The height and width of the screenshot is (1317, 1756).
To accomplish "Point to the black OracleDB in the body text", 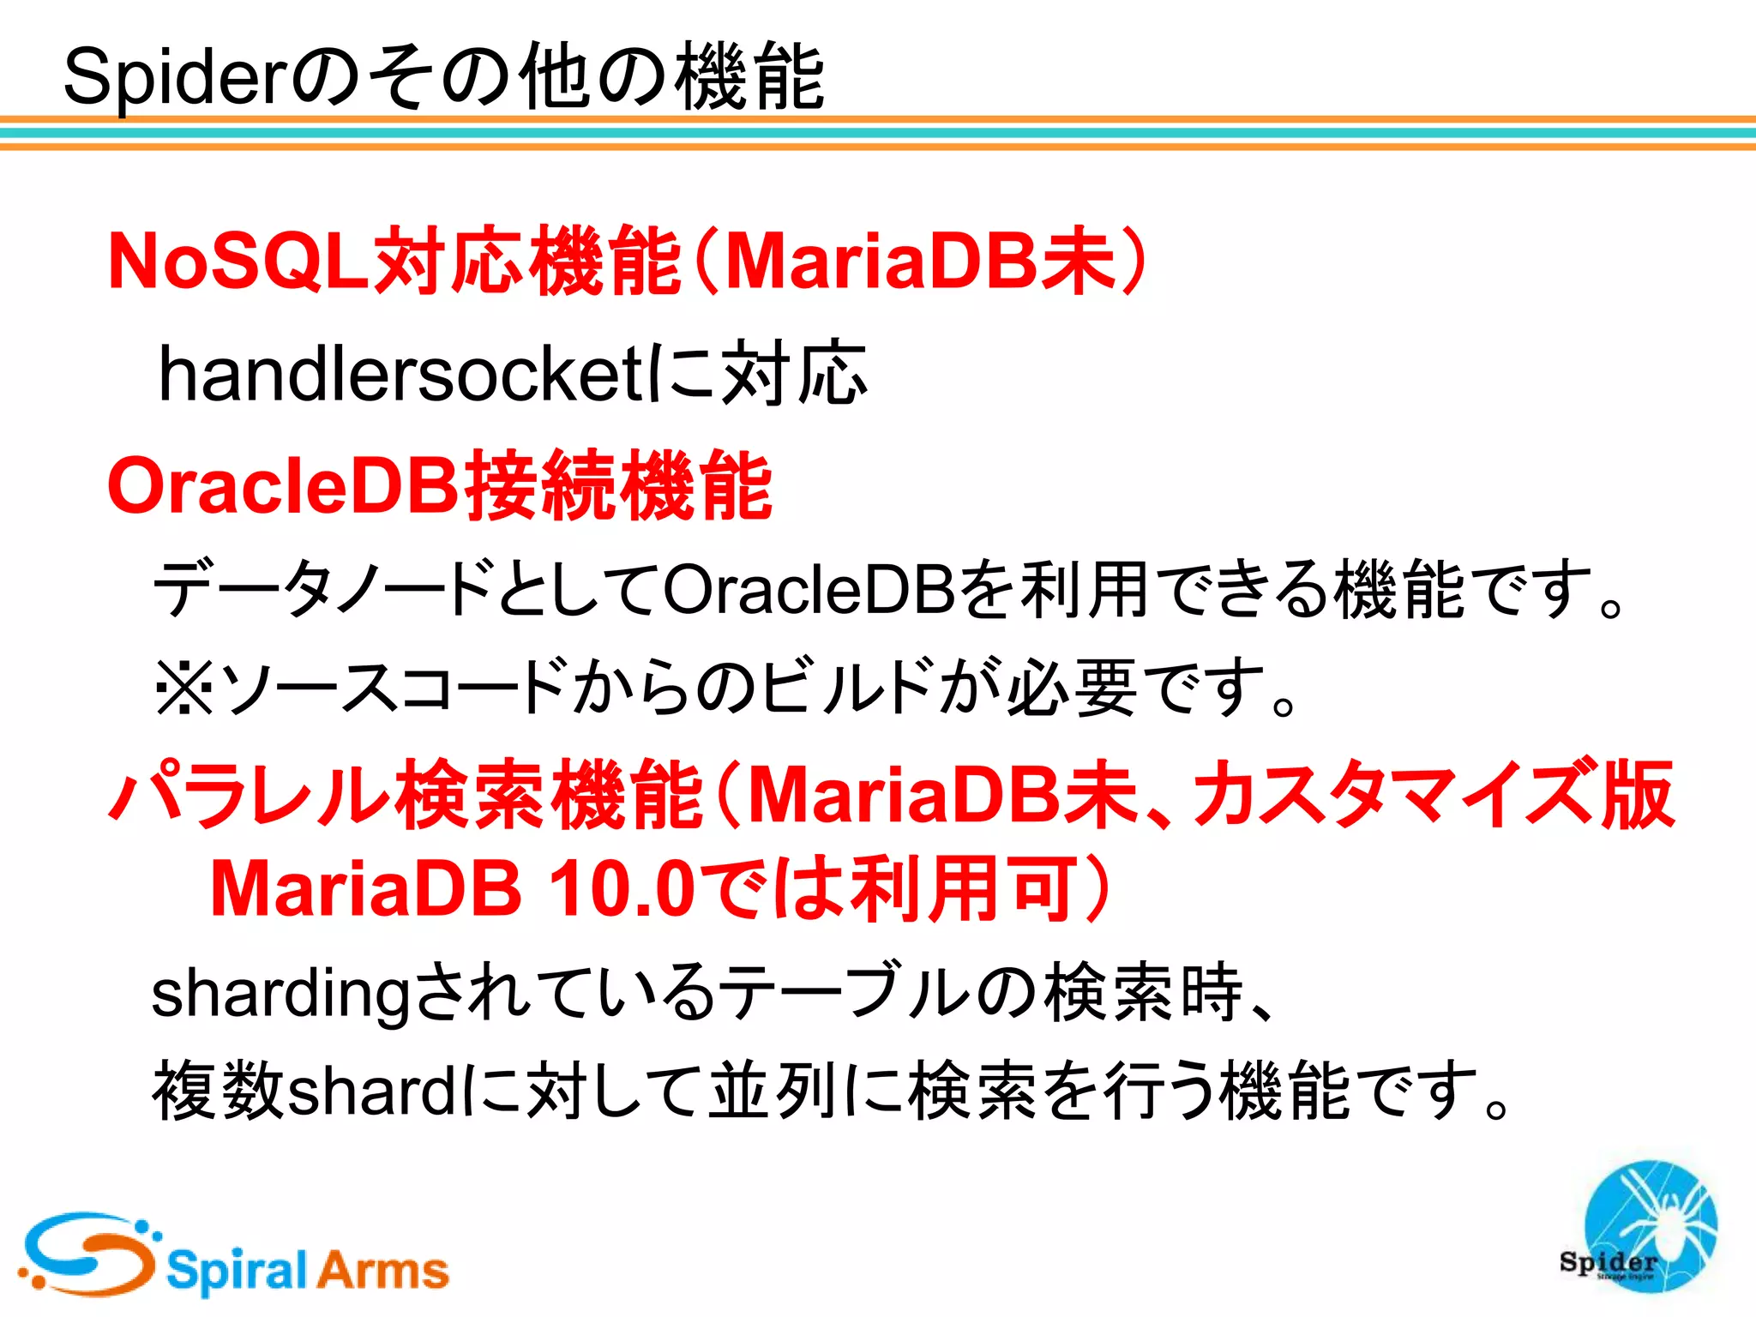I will (809, 590).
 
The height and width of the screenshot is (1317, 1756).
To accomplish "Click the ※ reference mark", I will (183, 689).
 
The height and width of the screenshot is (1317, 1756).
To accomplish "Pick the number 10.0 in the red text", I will (622, 889).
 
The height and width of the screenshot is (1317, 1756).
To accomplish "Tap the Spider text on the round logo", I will (1609, 1262).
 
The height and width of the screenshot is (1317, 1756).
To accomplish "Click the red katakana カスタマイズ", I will (1397, 794).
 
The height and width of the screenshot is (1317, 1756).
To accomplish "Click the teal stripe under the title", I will (878, 133).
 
